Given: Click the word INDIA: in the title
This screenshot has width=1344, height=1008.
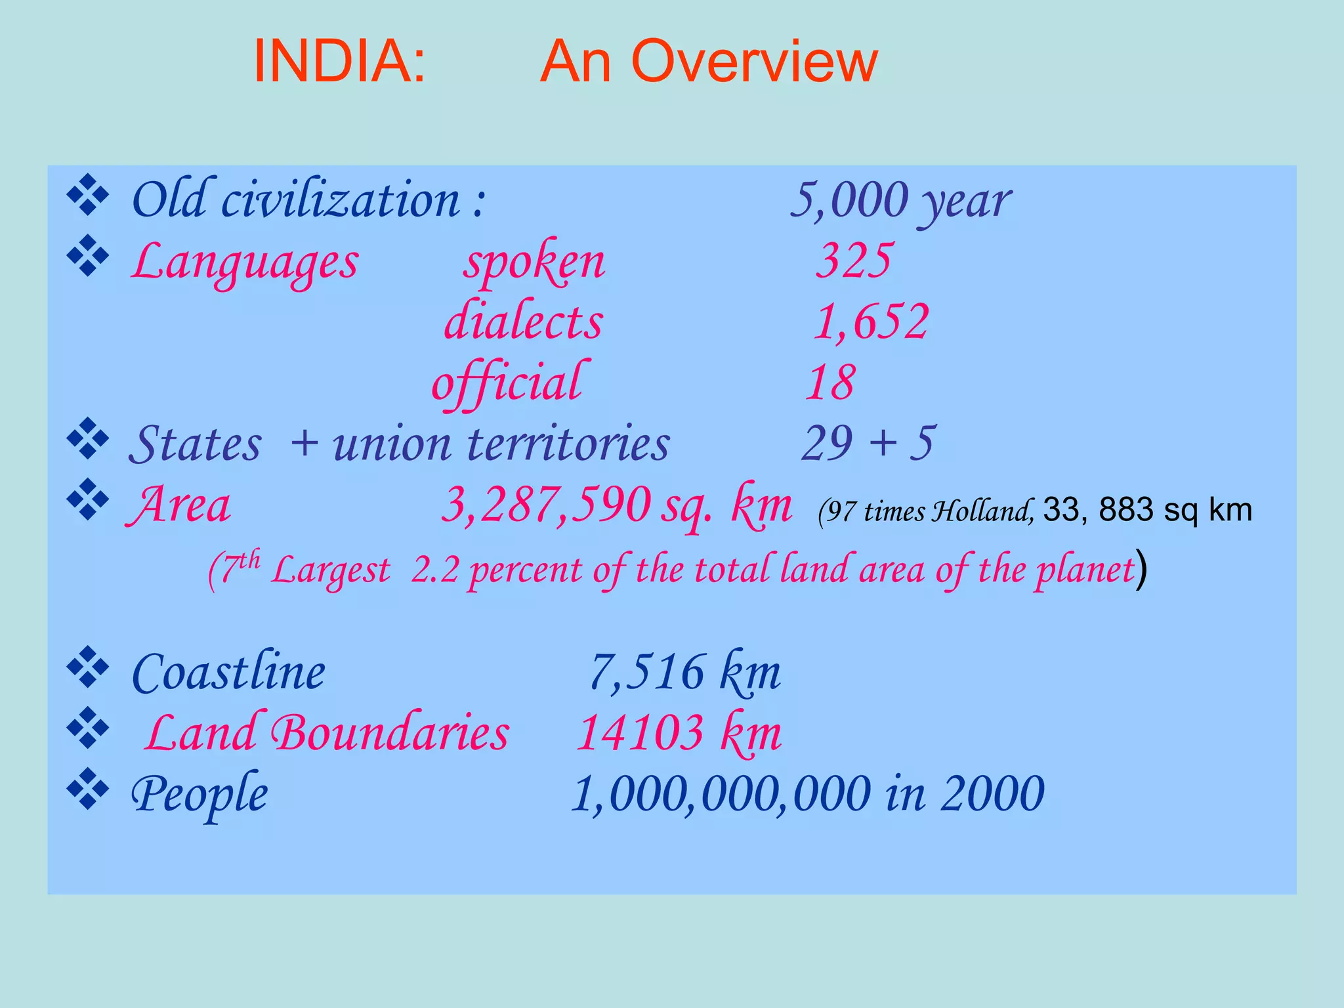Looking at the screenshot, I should pos(339,61).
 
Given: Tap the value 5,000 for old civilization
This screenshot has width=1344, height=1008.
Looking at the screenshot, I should pos(849,199).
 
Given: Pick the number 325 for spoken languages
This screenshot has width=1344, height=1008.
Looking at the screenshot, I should pos(854,261).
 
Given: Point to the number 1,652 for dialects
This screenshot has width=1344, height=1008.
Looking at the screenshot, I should pos(871,322).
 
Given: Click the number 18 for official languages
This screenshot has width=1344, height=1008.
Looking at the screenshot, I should pos(830,382).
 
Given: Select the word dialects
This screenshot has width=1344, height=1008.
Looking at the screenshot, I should pos(523,322).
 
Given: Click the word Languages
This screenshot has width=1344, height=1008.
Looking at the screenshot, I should pos(245,262).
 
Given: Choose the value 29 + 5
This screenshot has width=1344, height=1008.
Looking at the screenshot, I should pos(868,443).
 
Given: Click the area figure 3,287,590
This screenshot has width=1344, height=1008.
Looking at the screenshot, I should pos(546,504).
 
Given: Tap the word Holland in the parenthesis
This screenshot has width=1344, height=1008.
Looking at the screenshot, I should pos(983,511).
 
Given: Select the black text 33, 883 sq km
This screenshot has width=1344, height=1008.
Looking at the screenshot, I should pos(1147,510).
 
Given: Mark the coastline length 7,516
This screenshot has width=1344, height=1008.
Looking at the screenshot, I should pos(646,672).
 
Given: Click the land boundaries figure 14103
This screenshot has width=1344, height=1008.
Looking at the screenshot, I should pos(640,732).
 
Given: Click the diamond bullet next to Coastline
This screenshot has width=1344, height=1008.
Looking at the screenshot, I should pos(87,667).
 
